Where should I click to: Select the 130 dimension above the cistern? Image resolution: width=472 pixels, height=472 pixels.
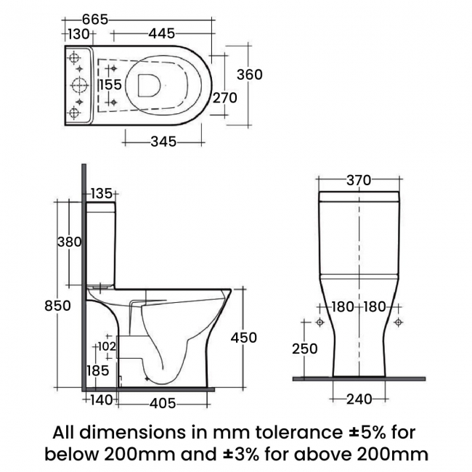[x=78, y=33]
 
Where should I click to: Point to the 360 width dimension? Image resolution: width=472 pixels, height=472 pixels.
[x=248, y=74]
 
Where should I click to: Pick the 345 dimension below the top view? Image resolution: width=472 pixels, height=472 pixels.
[x=163, y=142]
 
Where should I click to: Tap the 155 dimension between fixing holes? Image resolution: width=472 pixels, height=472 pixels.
[x=110, y=85]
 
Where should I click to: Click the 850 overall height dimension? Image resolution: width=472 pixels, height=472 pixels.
[x=57, y=306]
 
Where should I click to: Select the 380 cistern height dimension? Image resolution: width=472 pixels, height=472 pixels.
[x=69, y=243]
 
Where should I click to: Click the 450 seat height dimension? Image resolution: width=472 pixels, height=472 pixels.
[x=243, y=337]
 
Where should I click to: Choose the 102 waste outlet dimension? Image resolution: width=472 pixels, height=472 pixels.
[x=106, y=346]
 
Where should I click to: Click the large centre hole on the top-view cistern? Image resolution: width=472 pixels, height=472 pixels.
[x=78, y=85]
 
